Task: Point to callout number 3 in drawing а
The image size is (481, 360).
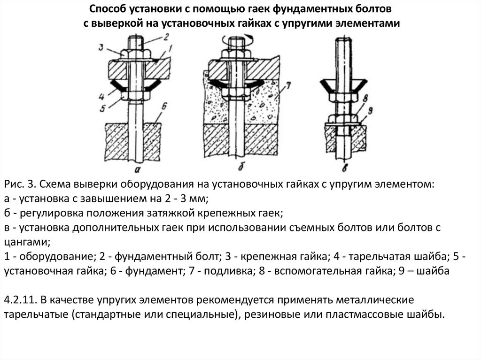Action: [101, 46]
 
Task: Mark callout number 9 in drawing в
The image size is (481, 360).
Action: [371, 112]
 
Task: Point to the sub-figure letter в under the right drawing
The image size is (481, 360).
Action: [345, 167]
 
